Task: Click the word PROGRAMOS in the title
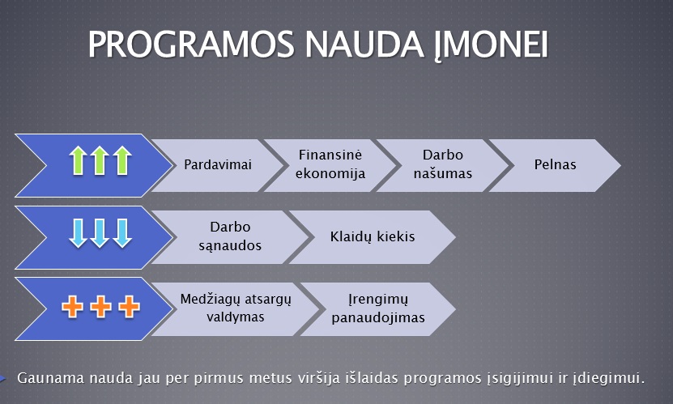tap(191, 44)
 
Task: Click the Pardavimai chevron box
tap(218, 165)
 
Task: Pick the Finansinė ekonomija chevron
tap(330, 165)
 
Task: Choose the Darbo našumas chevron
tap(442, 165)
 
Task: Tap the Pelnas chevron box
tap(555, 165)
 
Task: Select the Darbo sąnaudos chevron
tap(230, 236)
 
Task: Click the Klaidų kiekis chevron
tap(373, 236)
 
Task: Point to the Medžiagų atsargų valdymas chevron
tap(236, 308)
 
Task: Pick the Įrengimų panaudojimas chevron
tap(378, 308)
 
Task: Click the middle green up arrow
tap(100, 160)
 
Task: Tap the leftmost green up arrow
tap(78, 160)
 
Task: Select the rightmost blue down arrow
tap(122, 233)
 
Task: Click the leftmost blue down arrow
tap(78, 233)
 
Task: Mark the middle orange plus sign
tap(101, 307)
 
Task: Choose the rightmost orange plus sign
tap(130, 307)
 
